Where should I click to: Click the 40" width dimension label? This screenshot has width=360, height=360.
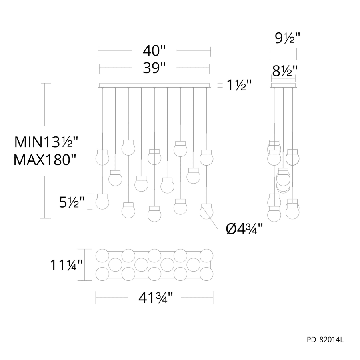pos(154,51)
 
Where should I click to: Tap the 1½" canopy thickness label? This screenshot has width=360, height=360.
pos(239,85)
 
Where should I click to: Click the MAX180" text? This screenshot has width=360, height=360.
pos(45,160)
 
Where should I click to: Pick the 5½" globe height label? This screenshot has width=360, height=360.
pos(72,202)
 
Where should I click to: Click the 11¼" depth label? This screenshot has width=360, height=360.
pos(66,265)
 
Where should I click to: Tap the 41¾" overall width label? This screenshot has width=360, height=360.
pos(154,298)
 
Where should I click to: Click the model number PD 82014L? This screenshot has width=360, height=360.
pos(326,340)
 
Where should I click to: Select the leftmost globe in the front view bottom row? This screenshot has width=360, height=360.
pos(103,201)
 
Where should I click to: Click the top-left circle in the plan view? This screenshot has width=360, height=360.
pos(103,255)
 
